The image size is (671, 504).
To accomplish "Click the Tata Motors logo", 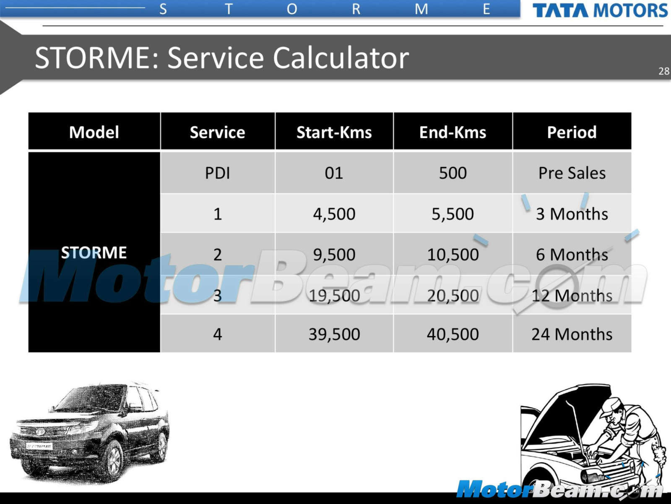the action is pos(600,10).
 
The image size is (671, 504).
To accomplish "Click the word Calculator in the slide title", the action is pos(341,58).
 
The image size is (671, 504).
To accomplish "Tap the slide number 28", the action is pos(664,71).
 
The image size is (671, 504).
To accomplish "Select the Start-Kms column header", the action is pos(334,132).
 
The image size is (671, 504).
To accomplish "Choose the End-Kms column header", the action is pos(453,132).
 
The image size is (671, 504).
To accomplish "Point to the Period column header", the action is pos(572,132).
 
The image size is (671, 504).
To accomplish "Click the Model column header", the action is pos(94,132).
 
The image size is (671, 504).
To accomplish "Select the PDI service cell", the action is pos(217,173).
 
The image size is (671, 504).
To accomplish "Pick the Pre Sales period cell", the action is pos(572,173).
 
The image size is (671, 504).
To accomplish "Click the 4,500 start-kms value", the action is pos(334,214).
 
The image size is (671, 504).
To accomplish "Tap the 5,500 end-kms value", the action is pos(453,214).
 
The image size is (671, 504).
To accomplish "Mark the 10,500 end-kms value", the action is pos(453,255).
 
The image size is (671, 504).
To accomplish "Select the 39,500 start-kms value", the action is pos(334,334).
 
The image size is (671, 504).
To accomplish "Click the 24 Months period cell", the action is pos(572,334).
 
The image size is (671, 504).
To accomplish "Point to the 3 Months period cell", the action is pos(572,214).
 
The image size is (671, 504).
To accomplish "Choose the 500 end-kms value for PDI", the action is pos(453,173).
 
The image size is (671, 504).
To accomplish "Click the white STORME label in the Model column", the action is pos(94,253).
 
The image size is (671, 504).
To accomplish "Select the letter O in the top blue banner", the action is pos(292,10).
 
